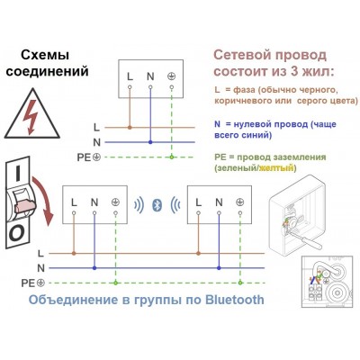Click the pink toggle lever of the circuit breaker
pyautogui.click(x=25, y=205)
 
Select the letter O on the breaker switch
pyautogui.click(x=16, y=234)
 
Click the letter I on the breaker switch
pyautogui.click(x=18, y=174)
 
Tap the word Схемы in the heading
pyautogui.click(x=45, y=55)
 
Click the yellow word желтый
pyautogui.click(x=276, y=168)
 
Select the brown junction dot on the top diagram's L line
pyautogui.click(x=130, y=128)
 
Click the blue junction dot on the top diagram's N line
pyautogui.click(x=150, y=142)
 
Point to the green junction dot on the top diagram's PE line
pyautogui.click(x=171, y=157)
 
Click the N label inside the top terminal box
pyautogui.click(x=150, y=76)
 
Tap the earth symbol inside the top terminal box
pyautogui.click(x=171, y=76)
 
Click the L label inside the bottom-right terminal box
pyautogui.click(x=198, y=202)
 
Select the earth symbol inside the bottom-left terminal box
pyautogui.click(x=115, y=202)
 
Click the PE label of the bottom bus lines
pyautogui.click(x=28, y=283)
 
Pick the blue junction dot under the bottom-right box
pyautogui.click(x=219, y=268)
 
